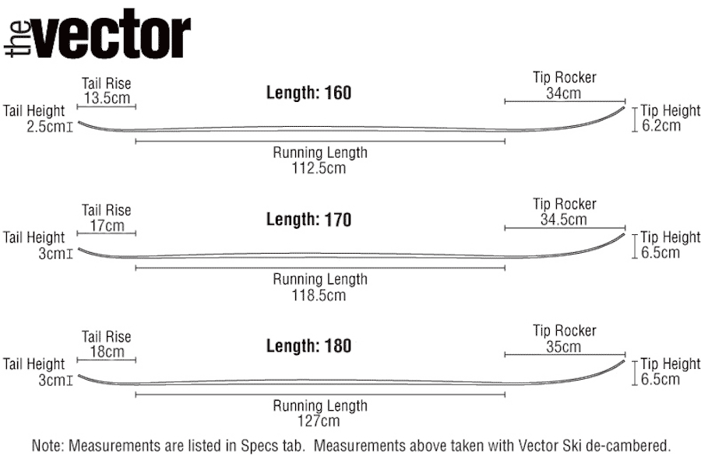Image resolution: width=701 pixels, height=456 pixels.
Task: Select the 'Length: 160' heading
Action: click(308, 93)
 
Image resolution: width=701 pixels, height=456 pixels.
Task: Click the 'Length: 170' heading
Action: click(308, 220)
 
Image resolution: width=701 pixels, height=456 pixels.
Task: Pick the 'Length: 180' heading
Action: click(308, 346)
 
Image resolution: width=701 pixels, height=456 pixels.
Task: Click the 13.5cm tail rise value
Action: click(107, 99)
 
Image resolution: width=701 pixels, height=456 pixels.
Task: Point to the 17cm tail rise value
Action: click(107, 226)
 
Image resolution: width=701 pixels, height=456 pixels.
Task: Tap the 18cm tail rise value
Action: click(107, 352)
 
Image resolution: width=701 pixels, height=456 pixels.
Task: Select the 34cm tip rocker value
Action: click(564, 93)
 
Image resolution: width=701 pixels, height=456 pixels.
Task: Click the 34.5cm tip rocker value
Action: click(564, 220)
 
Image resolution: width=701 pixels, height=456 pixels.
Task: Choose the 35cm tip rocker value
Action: click(564, 346)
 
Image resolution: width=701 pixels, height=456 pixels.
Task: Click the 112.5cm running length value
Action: click(319, 168)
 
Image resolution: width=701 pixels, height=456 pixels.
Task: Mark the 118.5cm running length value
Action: click(319, 295)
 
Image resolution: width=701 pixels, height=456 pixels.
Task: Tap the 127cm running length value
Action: click(319, 421)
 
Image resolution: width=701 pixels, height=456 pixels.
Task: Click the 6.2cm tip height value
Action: click(661, 126)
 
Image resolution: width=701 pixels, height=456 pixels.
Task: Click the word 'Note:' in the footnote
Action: click(49, 446)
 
